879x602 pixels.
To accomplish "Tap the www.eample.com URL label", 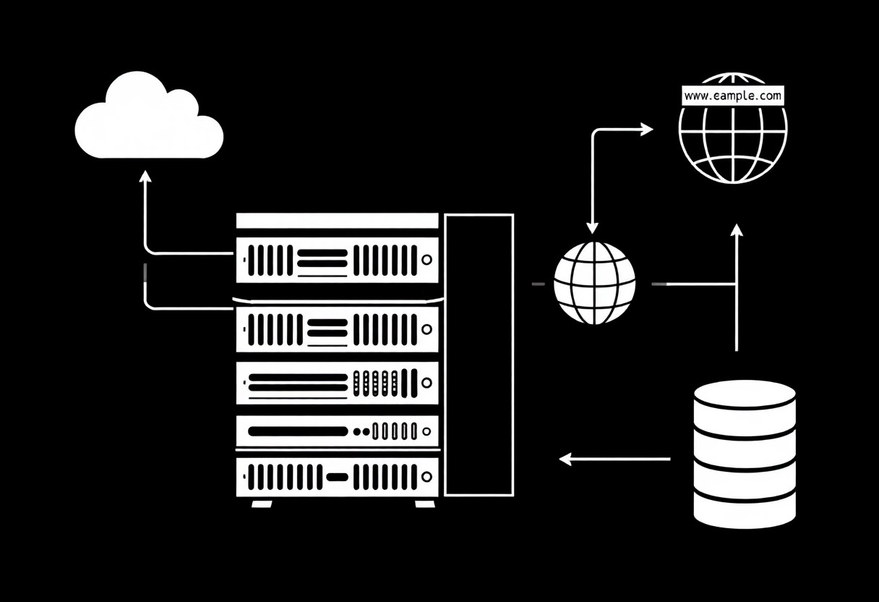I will pos(732,95).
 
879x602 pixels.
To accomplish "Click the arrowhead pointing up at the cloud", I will pos(145,177).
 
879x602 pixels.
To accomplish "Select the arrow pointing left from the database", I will pos(614,459).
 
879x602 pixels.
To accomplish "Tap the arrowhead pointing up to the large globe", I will pos(737,230).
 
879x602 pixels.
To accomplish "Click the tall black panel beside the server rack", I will pos(479,355).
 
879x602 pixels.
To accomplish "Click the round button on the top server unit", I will pos(427,259).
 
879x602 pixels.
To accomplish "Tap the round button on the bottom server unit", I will pos(427,477).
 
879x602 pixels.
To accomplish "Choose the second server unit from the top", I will pos(337,329).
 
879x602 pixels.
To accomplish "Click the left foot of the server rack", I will pos(261,504).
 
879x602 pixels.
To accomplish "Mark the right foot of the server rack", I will pos(425,504).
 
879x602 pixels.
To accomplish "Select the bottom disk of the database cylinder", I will pos(745,510).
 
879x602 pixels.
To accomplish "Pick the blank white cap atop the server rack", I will pos(337,221).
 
